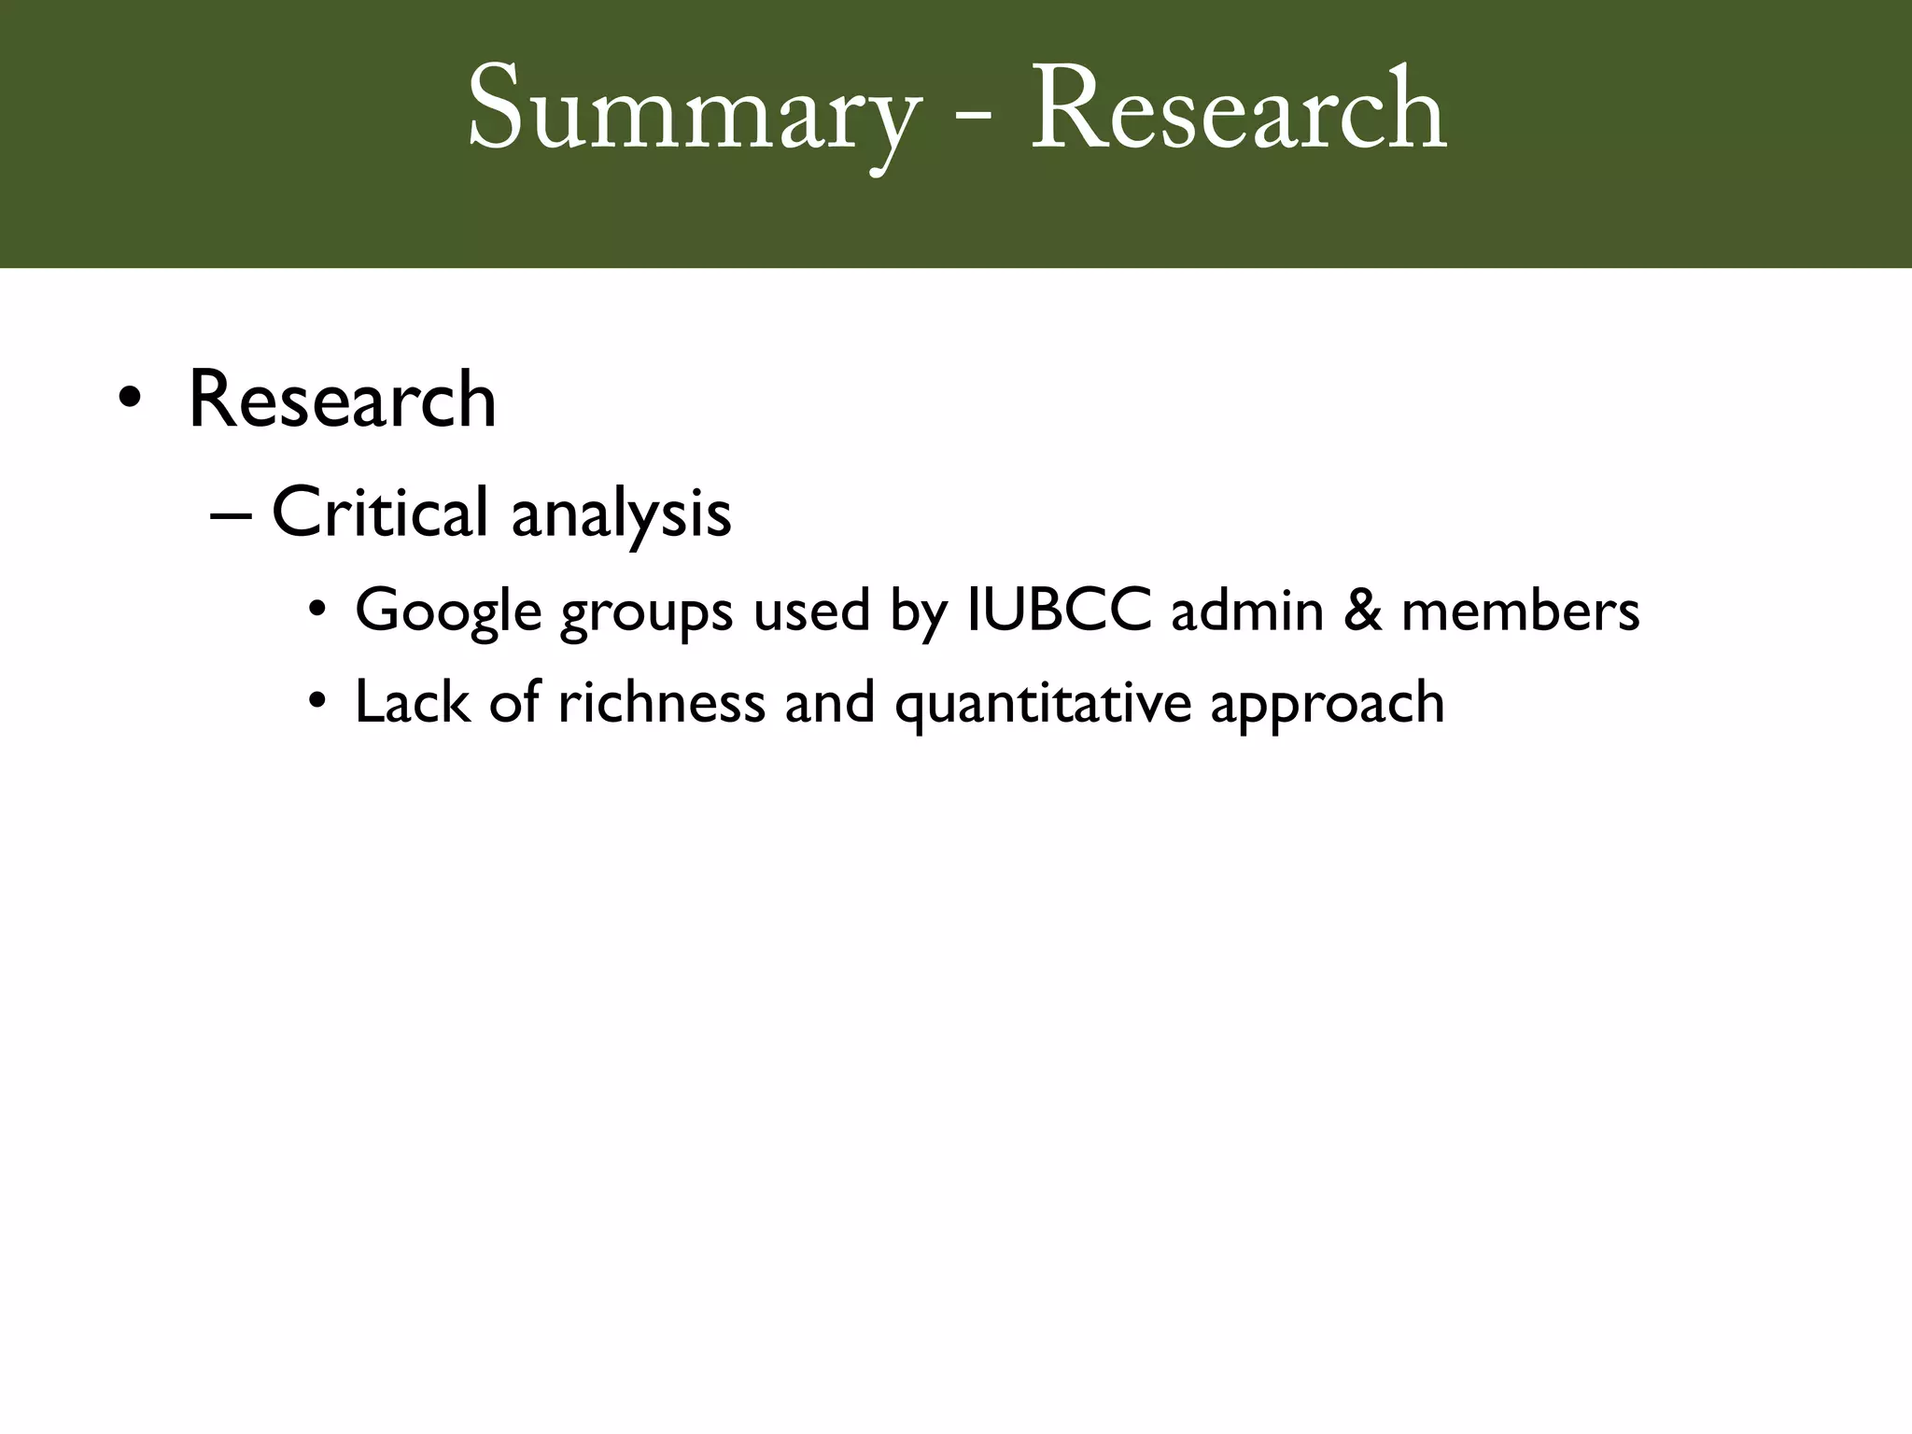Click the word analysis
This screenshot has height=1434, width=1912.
click(621, 515)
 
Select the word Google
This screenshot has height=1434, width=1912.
click(448, 612)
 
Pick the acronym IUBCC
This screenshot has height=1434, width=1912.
click(1060, 611)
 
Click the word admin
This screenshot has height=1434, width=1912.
click(1247, 611)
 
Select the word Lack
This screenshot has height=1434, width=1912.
click(412, 702)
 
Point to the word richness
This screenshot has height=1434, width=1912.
click(661, 702)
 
